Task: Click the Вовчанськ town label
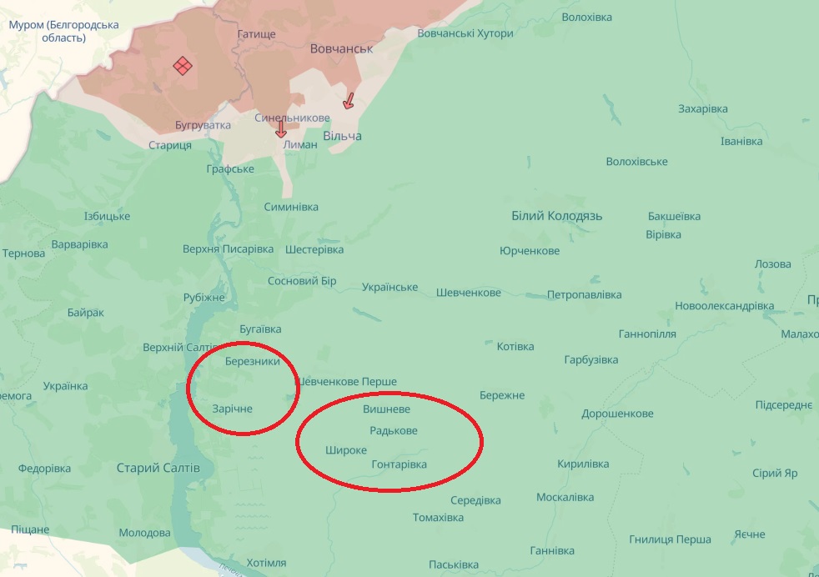tap(341, 48)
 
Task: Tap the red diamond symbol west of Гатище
tap(183, 66)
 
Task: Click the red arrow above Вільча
tap(349, 101)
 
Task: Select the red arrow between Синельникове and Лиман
tap(281, 129)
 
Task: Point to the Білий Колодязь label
tap(556, 216)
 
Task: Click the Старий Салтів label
tap(158, 468)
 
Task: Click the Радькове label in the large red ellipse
tap(394, 430)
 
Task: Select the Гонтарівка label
tap(399, 464)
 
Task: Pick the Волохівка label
tap(586, 17)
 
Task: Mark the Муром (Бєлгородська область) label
tap(63, 32)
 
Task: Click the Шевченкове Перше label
tap(348, 382)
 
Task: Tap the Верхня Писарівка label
tap(228, 249)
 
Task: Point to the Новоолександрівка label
tap(725, 306)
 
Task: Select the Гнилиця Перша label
tap(671, 539)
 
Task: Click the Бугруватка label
tap(203, 125)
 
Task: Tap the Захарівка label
tap(703, 109)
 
